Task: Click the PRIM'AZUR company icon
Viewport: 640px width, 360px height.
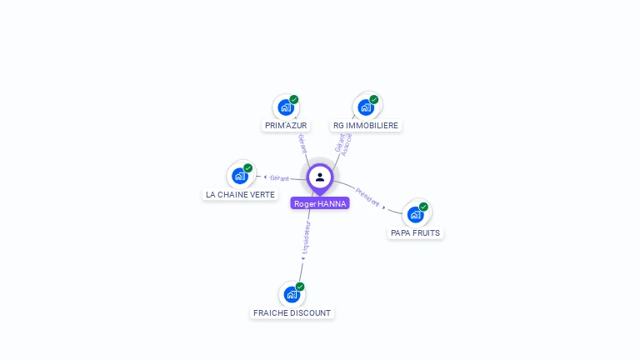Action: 286,107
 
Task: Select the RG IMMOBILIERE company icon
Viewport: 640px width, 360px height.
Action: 365,107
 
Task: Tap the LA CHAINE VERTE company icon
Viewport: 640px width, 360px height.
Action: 240,176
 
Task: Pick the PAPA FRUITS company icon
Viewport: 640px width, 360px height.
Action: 415,215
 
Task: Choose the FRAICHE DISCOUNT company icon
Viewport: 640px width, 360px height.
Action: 292,294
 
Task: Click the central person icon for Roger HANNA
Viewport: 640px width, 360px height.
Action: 320,177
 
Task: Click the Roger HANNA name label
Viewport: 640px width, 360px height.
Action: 320,203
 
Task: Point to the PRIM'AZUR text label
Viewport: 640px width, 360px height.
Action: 286,126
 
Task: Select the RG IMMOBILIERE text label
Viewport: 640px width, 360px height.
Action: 366,126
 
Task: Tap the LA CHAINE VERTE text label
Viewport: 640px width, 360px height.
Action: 240,195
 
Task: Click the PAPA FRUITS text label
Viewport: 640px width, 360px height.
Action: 415,233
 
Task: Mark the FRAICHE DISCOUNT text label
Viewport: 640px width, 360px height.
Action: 292,313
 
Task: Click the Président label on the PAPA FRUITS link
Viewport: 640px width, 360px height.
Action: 367,197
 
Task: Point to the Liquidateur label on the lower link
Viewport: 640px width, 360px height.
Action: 306,237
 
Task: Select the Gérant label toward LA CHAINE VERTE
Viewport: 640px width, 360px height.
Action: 279,177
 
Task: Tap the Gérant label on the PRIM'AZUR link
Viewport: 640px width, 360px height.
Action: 302,143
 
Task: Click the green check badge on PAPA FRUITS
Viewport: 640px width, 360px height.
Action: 423,207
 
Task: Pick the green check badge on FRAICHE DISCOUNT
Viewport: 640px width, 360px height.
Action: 300,287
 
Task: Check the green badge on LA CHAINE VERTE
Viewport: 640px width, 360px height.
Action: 248,167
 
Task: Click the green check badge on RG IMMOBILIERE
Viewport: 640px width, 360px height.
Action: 374,99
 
